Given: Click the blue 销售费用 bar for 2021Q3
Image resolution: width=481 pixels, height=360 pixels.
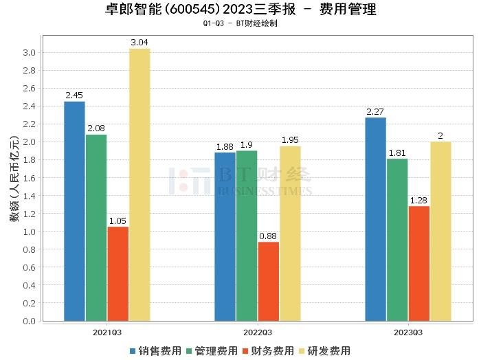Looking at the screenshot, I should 74,211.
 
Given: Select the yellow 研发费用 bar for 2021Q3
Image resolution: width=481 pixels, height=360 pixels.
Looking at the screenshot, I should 139,185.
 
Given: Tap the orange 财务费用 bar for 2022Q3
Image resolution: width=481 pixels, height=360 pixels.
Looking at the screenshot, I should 268,281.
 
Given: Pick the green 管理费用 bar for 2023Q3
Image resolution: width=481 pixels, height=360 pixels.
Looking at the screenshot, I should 396,240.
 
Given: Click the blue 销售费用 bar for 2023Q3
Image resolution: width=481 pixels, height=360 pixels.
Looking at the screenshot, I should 375,219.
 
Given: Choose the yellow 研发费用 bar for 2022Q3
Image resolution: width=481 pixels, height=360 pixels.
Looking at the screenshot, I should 289,234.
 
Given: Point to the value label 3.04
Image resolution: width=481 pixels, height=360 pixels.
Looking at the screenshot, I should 139,43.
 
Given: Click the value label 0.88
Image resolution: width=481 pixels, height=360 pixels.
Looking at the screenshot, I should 268,236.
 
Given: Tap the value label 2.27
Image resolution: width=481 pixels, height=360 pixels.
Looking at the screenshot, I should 375,112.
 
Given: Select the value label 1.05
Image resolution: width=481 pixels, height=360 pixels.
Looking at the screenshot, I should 118,221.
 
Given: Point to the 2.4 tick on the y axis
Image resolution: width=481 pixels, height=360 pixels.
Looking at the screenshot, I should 29,106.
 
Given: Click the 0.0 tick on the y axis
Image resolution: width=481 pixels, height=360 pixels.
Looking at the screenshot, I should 29,321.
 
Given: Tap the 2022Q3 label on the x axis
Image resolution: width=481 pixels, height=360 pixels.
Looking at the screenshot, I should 258,333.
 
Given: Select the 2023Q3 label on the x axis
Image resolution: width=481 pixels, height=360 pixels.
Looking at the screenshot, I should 408,333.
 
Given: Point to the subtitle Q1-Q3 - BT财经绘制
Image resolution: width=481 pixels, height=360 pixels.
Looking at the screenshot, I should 240,23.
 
